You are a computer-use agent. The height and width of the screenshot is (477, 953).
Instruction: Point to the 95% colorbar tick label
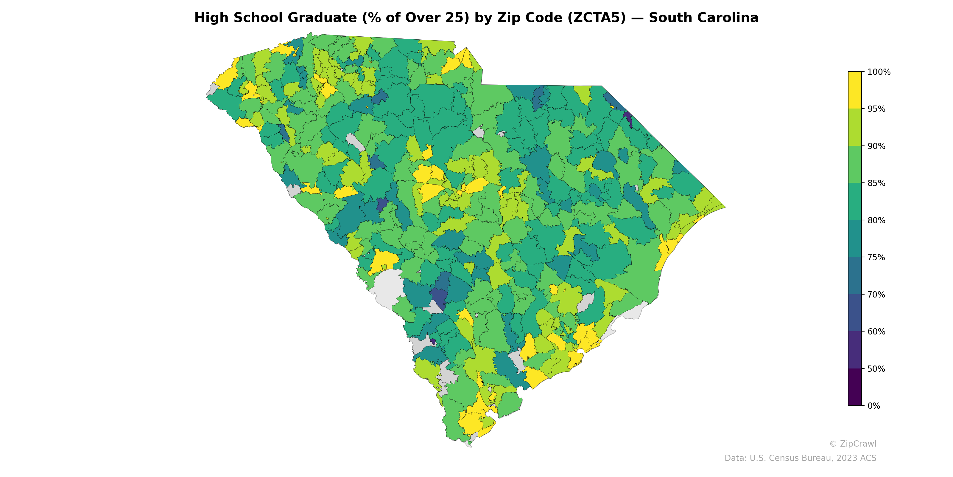[x=876, y=109]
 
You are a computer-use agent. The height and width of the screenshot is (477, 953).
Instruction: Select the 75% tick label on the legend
[x=876, y=257]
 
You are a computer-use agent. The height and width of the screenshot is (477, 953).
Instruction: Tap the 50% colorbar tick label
[x=876, y=369]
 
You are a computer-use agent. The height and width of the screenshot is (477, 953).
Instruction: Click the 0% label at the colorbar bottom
[x=873, y=406]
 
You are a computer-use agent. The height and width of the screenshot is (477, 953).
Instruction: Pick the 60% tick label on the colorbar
[x=876, y=332]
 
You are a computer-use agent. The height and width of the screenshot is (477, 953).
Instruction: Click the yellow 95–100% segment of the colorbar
[x=855, y=90]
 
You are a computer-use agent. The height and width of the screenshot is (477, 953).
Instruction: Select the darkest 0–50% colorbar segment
[x=855, y=387]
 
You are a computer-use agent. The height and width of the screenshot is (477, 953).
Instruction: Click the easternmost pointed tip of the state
[x=725, y=207]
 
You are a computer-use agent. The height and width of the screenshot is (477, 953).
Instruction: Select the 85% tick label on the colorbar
[x=876, y=183]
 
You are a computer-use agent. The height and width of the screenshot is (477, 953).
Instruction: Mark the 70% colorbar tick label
[x=876, y=295]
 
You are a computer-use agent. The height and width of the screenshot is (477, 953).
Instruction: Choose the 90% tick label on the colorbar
[x=876, y=146]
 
